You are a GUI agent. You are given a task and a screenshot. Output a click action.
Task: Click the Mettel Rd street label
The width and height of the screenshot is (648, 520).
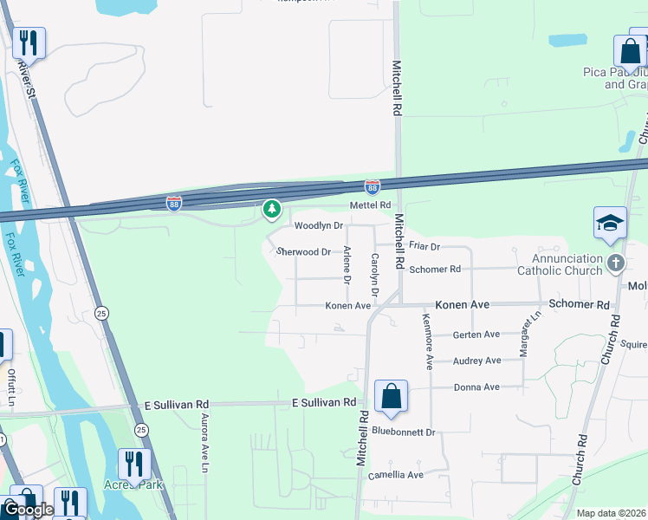coord(371,205)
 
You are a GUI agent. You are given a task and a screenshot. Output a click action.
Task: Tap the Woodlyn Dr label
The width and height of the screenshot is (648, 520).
coord(319,225)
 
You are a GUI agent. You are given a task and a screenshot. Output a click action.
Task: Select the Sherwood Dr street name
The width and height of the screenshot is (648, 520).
coord(303,252)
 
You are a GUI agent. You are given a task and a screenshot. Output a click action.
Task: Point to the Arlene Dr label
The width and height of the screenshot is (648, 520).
coord(347,265)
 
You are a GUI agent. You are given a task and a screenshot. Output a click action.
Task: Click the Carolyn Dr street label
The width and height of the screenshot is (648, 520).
coord(375,270)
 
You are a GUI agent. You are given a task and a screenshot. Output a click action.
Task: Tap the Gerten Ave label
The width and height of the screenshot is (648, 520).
coord(476,335)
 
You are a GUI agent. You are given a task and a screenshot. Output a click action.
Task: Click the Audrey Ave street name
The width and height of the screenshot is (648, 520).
coord(476,361)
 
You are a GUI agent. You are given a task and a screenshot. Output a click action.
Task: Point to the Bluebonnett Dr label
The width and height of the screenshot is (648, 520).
coord(403,432)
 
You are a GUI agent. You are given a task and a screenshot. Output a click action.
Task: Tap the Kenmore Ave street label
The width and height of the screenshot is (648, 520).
coord(428,344)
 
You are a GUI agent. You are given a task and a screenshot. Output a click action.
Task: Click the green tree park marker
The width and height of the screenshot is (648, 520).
coord(272,209)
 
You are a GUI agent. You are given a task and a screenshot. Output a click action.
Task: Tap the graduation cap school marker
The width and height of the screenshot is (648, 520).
coord(610,223)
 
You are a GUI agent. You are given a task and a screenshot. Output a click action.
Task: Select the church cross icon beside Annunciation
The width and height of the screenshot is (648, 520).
coord(615,262)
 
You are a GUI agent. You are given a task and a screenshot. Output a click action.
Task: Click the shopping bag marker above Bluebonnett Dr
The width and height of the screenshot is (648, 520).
coord(392,397)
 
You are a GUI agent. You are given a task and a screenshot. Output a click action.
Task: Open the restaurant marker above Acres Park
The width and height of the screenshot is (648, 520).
coord(133,464)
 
